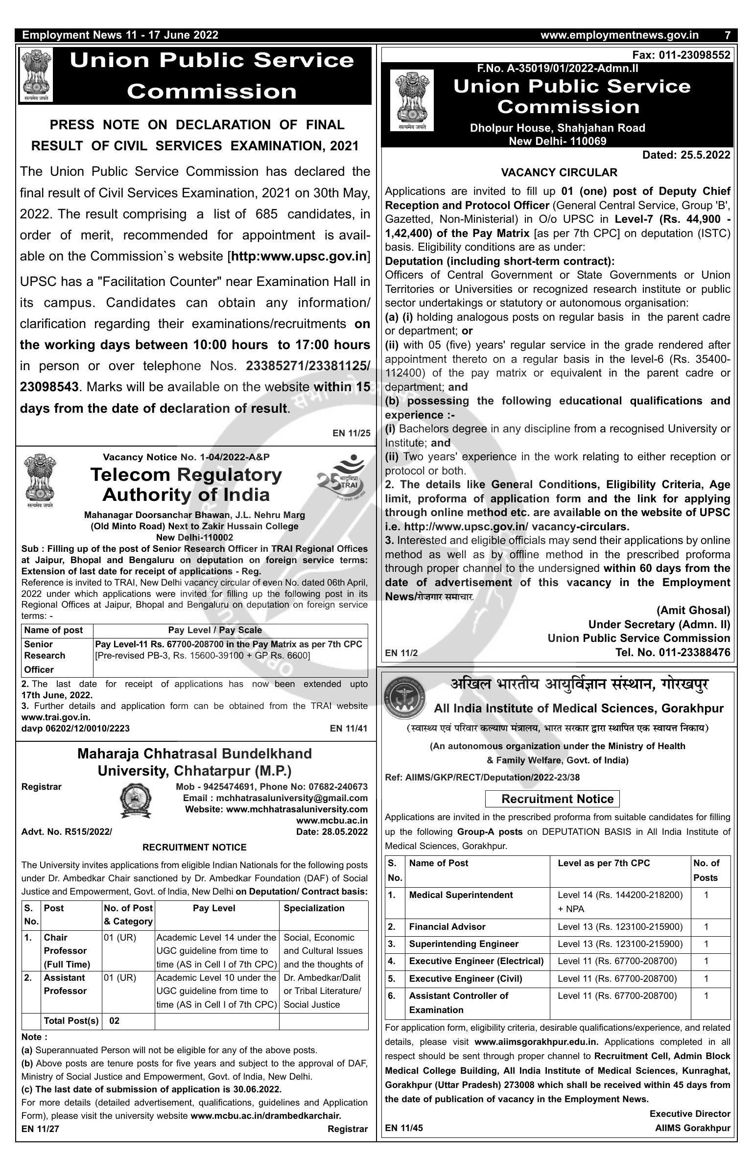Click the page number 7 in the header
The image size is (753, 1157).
[x=728, y=35]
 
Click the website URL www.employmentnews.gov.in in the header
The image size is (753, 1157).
[x=619, y=35]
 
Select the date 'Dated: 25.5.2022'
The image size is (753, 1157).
[x=686, y=155]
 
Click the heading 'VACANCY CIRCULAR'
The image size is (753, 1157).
[x=559, y=172]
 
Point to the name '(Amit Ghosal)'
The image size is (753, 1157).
[x=693, y=610]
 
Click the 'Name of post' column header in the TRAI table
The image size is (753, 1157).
[x=53, y=630]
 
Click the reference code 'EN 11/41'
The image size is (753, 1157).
[x=349, y=728]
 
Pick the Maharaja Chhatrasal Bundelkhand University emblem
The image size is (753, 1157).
[x=136, y=800]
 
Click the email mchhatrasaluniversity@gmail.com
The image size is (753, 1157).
[x=275, y=798]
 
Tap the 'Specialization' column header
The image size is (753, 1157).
[x=314, y=908]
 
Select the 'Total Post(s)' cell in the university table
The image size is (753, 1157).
[x=71, y=1020]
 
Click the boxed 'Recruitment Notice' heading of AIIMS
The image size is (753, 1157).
[x=552, y=799]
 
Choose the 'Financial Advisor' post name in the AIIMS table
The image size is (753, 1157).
[x=447, y=926]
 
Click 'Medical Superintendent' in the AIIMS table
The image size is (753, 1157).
[x=461, y=895]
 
